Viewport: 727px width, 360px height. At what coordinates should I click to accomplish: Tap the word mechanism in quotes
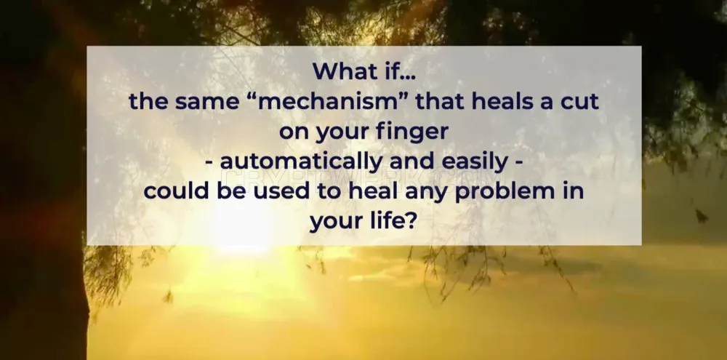(x=332, y=101)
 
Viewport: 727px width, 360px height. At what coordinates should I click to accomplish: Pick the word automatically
(x=302, y=162)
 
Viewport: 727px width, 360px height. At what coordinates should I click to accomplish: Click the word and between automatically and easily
(x=412, y=162)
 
